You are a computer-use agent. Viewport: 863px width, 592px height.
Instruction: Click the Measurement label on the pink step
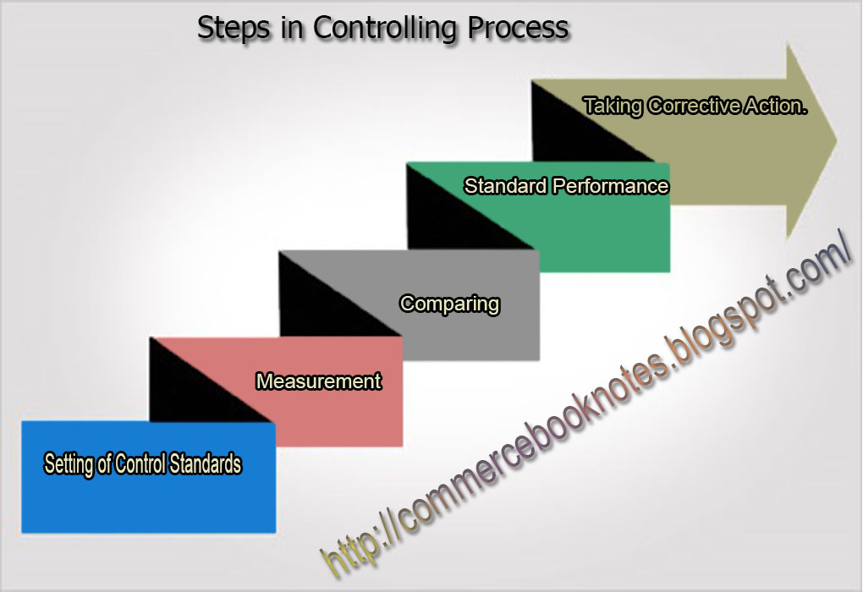coord(319,381)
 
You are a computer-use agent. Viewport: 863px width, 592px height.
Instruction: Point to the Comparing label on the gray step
coord(450,304)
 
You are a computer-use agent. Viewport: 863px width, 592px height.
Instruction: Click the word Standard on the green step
coord(506,186)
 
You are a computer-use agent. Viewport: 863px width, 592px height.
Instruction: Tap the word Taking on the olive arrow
coord(613,107)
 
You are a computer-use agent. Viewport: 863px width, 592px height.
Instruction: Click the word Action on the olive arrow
coord(778,107)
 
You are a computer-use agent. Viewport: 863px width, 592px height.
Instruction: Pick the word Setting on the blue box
coord(68,464)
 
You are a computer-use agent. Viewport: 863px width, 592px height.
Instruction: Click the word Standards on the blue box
coord(206,464)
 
